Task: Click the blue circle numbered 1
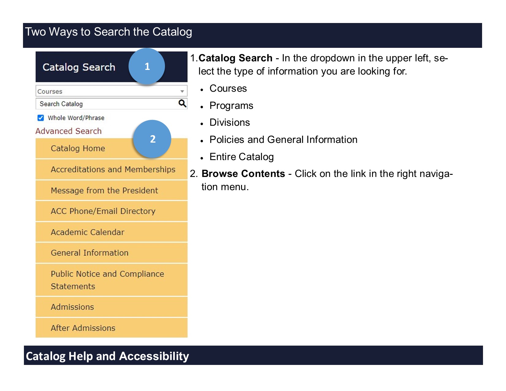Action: [x=147, y=66]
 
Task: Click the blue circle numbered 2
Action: [x=152, y=139]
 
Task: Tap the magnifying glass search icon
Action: [x=182, y=103]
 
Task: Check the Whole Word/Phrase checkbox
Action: [x=40, y=118]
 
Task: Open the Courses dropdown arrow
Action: [x=182, y=91]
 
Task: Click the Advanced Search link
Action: [x=68, y=131]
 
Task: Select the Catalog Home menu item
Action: [x=78, y=148]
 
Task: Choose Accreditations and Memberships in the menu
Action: [x=113, y=170]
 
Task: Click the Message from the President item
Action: [x=104, y=190]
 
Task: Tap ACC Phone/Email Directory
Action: [x=103, y=211]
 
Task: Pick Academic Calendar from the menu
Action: [x=87, y=232]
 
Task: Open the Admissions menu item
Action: [x=72, y=307]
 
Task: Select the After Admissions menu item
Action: [x=83, y=328]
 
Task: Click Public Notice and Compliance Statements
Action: [x=107, y=280]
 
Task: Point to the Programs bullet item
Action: [x=231, y=106]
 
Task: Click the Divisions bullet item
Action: [x=230, y=123]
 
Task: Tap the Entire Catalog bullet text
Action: [x=241, y=157]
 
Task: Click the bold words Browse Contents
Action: [x=243, y=174]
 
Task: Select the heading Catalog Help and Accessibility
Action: [x=107, y=356]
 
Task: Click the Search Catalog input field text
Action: [x=61, y=104]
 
